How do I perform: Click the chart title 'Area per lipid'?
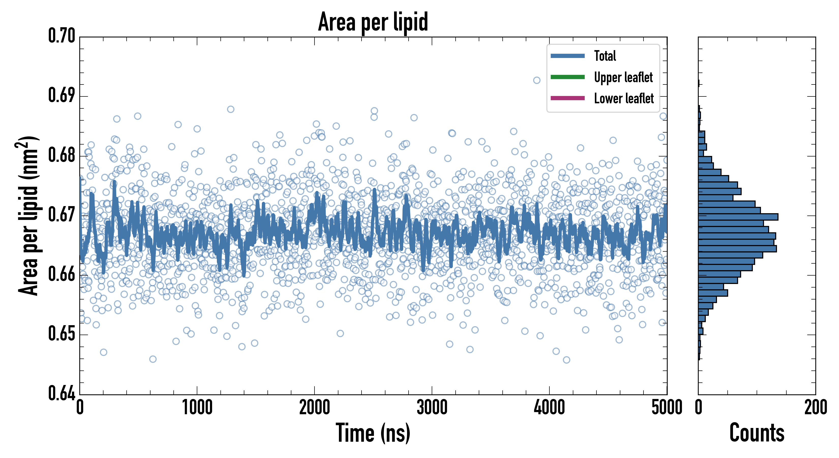373,22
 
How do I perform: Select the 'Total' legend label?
605,56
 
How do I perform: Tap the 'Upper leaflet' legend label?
623,77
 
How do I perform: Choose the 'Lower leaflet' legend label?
624,98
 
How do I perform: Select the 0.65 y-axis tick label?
62,334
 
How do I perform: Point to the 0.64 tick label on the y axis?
62,393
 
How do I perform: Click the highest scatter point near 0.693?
536,80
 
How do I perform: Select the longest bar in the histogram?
738,217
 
